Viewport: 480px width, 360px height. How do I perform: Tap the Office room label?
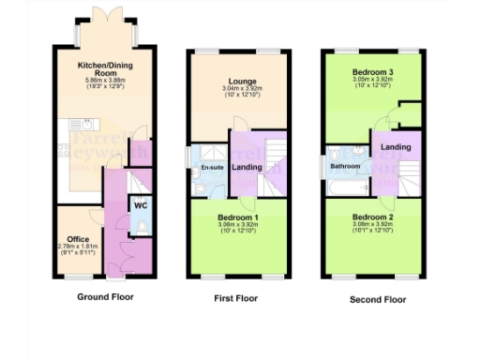point(70,238)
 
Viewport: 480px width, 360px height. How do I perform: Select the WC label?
point(140,204)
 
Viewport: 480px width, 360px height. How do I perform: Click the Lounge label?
point(237,82)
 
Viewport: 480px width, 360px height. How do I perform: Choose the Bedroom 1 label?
point(237,217)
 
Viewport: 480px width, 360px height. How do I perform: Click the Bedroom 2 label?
point(373,217)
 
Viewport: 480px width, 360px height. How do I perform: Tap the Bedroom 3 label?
point(373,72)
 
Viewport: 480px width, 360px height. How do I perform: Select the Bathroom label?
point(344,167)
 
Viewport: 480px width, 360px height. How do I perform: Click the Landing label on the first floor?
point(247,167)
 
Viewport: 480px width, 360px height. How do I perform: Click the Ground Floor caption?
point(105,297)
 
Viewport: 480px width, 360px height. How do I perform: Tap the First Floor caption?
point(237,299)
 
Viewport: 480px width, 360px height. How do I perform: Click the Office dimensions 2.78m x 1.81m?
point(70,247)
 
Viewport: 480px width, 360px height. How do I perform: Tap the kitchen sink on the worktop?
point(63,146)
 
